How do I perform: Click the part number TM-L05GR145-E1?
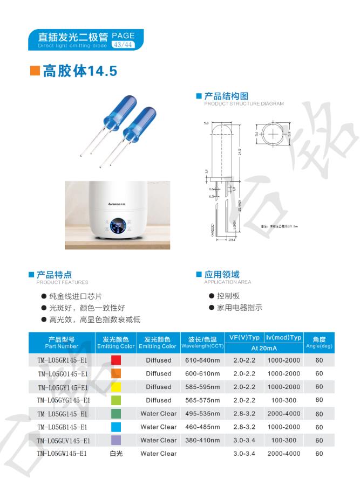tap(62, 360)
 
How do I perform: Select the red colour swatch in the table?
tap(116, 360)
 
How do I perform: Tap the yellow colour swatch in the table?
tap(116, 387)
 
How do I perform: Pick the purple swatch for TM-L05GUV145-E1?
tap(116, 440)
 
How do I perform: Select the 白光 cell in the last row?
tap(116, 454)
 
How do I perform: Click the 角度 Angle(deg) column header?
tap(319, 342)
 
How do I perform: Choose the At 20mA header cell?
tap(264, 348)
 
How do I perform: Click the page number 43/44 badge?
tap(123, 45)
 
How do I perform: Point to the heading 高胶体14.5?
tap(80, 71)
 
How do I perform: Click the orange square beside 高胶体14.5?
tap(35, 71)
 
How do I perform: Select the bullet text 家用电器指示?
tap(240, 308)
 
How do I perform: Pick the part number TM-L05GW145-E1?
tap(62, 454)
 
